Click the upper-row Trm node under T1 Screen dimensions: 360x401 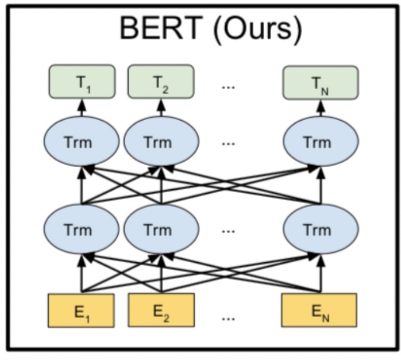pos(82,141)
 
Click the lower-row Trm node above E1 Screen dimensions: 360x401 pos(82,229)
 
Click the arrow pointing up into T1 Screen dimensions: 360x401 pos(82,108)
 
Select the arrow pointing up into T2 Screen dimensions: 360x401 pos(161,108)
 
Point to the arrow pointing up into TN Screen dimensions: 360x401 pos(320,108)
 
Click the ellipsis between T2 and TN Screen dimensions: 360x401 pos(228,85)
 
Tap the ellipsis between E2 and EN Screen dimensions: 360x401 pos(228,315)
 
